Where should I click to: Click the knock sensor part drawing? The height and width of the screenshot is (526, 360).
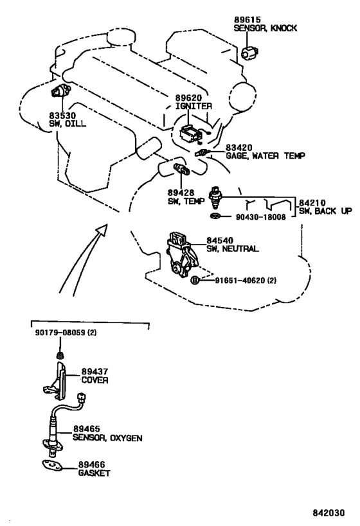tap(250, 53)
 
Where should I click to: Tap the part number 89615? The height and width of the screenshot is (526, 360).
tap(248, 20)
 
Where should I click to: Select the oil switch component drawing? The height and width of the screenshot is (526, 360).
tap(60, 91)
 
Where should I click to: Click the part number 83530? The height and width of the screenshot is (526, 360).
tap(62, 116)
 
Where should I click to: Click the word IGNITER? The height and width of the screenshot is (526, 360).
tap(194, 107)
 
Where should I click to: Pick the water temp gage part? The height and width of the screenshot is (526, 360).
tap(203, 152)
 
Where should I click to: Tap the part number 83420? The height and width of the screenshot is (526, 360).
tap(239, 148)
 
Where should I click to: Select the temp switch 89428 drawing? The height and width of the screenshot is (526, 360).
tap(181, 168)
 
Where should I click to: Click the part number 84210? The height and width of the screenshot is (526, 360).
tap(312, 203)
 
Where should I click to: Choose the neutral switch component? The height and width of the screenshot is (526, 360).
tap(182, 254)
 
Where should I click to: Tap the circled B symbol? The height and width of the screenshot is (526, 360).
tap(195, 281)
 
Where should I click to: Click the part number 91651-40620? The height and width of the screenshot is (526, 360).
tap(240, 281)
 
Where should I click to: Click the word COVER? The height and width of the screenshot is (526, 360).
tap(94, 380)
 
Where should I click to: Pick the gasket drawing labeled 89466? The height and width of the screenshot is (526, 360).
tap(51, 467)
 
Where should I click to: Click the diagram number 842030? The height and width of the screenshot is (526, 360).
tap(328, 513)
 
